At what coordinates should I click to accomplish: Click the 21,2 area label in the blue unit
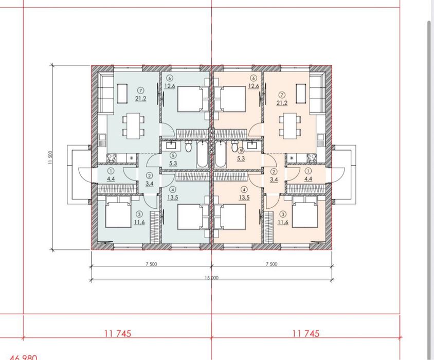(140, 98)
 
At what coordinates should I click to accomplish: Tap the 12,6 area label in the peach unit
(254, 86)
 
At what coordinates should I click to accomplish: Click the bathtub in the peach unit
(220, 154)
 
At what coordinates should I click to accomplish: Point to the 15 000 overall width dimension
(211, 278)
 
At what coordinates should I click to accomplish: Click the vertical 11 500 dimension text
(50, 158)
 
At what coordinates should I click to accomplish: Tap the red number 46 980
(23, 357)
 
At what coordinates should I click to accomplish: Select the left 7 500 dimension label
(151, 264)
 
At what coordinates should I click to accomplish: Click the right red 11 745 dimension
(306, 333)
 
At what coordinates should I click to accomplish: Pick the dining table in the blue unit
(133, 126)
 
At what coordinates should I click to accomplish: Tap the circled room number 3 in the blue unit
(139, 214)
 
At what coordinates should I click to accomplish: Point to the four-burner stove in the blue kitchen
(112, 158)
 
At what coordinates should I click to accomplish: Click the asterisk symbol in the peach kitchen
(292, 158)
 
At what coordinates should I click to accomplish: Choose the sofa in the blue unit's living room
(106, 94)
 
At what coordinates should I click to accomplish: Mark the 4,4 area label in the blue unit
(111, 178)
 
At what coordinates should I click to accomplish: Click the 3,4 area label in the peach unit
(274, 179)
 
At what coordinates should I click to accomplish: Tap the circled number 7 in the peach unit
(282, 95)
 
